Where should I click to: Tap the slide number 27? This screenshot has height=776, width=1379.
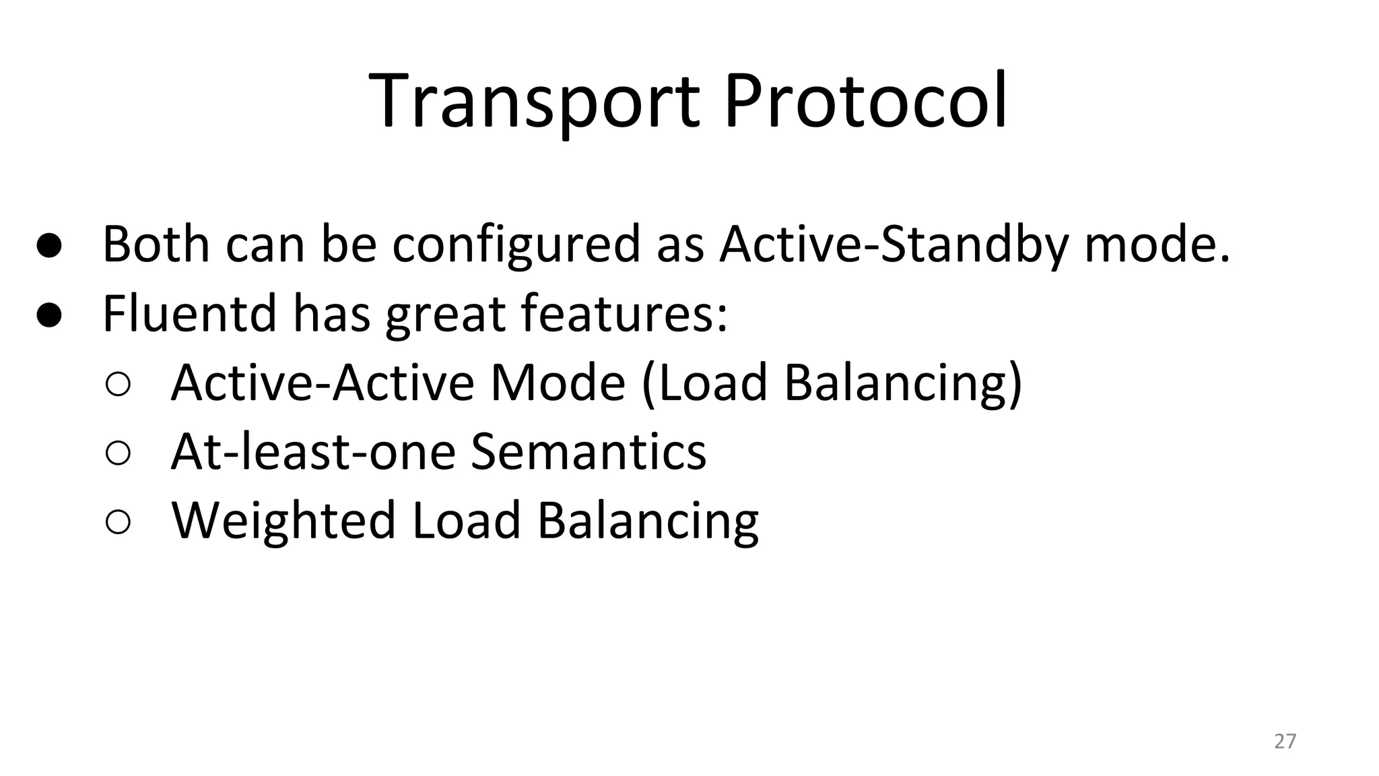coord(1285,741)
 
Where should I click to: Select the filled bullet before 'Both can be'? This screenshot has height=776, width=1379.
coord(49,246)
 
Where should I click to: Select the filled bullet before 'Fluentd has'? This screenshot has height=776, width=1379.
coord(49,315)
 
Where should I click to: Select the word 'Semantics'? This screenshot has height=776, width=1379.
coord(588,451)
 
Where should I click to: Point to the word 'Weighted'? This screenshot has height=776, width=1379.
coord(283,521)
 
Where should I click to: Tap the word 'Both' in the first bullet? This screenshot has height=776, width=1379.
coord(156,244)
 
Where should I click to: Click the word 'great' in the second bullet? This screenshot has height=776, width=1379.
coord(444,315)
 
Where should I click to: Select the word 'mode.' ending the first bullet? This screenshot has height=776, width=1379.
coord(1157,245)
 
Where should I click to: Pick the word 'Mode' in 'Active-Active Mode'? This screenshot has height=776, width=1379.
coord(558,383)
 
